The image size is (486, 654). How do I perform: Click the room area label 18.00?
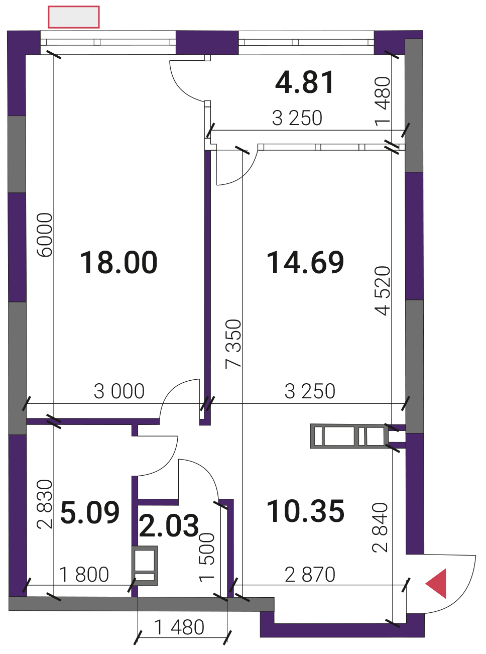pos(118,262)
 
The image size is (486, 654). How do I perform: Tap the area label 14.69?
pos(305,262)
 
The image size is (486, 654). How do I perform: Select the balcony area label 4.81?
pos(305,82)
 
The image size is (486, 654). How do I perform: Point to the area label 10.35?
pos(305,511)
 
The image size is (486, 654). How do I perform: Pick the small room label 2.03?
pos(169,525)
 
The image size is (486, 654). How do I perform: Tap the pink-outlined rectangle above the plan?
pos(74,17)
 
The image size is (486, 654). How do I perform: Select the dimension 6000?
pos(45,235)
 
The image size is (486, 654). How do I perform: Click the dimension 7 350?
pos(233,344)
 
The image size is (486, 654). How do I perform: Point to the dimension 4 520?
pos(382,291)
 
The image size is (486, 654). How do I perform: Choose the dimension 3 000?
pos(119,392)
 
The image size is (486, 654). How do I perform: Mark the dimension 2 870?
pos(310,575)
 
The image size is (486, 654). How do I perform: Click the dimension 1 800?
pos(84,575)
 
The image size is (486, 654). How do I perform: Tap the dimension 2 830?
pos(45,504)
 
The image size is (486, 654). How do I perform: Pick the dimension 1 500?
pos(207,557)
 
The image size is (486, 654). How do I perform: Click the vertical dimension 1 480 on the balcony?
pos(383,101)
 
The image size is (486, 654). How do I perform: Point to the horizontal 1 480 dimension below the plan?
pos(179,627)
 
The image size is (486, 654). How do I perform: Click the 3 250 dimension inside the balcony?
pos(297,118)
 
